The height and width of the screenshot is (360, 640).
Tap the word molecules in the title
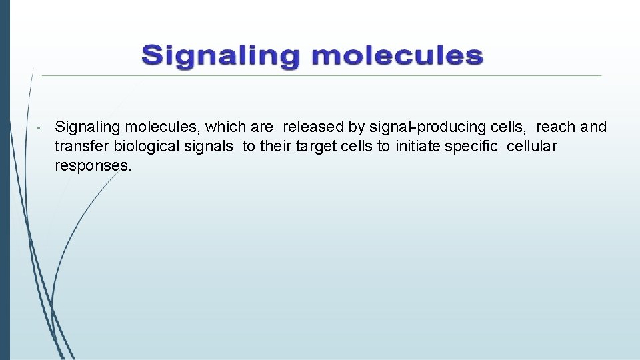pos(397,56)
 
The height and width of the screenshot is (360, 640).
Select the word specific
pos(474,146)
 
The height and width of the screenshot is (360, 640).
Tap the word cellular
pos(532,146)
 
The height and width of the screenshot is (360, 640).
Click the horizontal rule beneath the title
pos(320,75)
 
